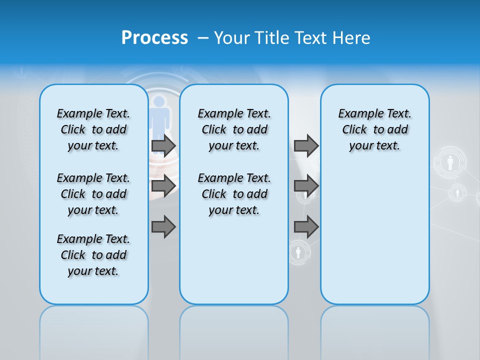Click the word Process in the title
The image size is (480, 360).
pos(154,38)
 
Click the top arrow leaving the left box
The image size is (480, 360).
pos(163,145)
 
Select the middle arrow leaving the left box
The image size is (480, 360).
pos(163,186)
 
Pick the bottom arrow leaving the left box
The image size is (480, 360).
pos(163,227)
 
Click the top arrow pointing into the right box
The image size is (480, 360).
pos(306,145)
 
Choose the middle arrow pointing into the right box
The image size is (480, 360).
pos(306,186)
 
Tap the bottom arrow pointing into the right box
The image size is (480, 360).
pos(306,227)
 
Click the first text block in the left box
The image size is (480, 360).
pos(93,129)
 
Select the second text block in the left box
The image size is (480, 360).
pos(93,194)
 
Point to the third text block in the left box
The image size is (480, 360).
pos(93,255)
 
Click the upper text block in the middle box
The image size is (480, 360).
pos(234,129)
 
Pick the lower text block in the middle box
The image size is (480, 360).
pos(234,194)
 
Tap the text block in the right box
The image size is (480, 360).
pos(375,129)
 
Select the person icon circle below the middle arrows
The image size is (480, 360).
pos(298,252)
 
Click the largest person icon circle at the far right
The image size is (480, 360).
pos(450,162)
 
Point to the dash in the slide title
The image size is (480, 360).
pos(203,38)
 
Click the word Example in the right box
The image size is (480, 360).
pos(358,114)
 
